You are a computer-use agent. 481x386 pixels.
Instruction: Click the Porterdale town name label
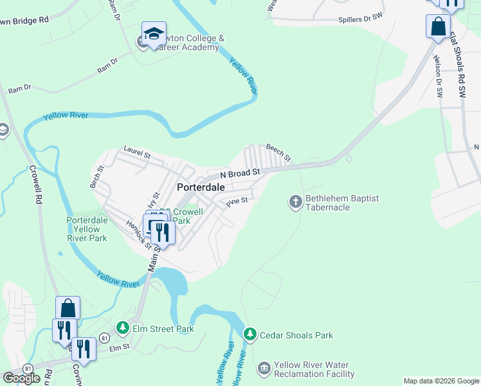(201, 187)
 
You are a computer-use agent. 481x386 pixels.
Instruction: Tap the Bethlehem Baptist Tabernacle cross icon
(296, 203)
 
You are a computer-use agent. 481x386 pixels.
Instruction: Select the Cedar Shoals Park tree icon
(250, 335)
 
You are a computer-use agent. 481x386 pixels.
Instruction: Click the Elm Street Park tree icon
(123, 329)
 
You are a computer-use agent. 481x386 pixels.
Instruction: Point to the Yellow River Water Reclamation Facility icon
(264, 369)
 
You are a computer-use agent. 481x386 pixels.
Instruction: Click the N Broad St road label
(239, 174)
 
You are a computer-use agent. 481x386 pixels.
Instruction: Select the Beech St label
(278, 152)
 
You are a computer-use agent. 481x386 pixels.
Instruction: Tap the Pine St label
(237, 203)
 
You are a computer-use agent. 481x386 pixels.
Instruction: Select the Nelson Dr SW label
(439, 77)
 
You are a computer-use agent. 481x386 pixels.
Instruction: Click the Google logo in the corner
(21, 378)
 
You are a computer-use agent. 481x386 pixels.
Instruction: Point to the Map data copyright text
(440, 381)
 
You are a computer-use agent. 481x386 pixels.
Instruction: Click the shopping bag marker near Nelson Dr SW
(438, 27)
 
